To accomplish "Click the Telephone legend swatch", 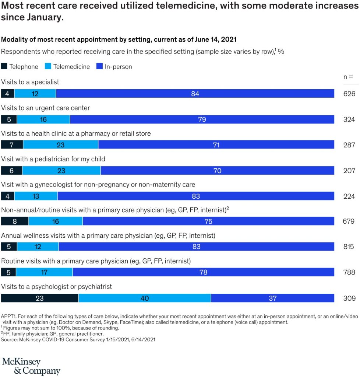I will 5,67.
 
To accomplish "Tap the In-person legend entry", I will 118,67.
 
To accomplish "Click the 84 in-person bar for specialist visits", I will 195,94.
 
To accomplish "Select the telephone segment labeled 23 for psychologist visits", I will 40,298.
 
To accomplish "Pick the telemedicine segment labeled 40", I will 145,298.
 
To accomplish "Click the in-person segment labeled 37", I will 272,298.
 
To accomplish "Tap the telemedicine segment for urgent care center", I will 43,119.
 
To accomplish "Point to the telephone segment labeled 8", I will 15,221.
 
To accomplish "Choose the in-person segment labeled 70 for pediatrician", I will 217,170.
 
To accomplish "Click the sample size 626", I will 349,94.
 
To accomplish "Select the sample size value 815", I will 349,247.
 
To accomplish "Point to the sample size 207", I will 349,170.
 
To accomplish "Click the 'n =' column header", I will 348,77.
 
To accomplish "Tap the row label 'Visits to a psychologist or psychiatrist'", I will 57,286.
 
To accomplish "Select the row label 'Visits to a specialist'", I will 30,82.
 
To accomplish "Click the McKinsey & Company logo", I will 31,366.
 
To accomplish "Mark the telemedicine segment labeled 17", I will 45,272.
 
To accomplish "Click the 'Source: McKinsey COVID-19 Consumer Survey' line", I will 78,339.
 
